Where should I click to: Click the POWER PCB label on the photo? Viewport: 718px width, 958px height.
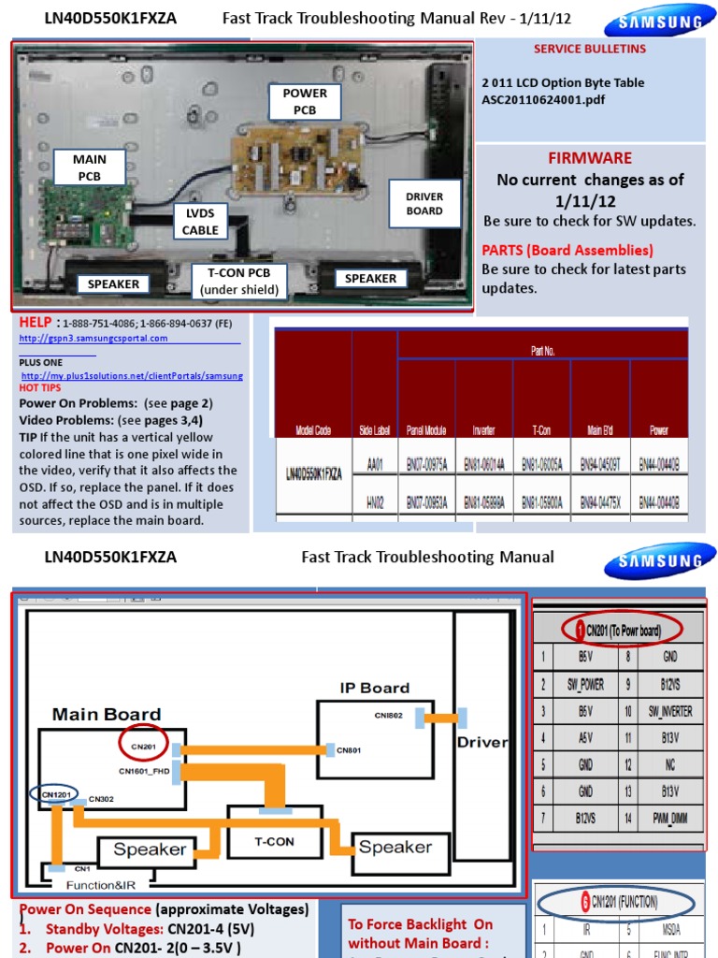[x=305, y=101]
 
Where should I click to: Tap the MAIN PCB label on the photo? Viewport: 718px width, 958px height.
[x=90, y=167]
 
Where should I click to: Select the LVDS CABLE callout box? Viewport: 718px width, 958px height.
[x=200, y=222]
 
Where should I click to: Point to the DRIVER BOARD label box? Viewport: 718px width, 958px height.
[x=424, y=203]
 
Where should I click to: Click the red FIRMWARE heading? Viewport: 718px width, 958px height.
[x=589, y=158]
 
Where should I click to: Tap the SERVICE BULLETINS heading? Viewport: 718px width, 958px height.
[x=589, y=49]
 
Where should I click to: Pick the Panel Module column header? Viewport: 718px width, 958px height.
[x=426, y=430]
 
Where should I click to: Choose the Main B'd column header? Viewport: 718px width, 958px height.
[x=599, y=430]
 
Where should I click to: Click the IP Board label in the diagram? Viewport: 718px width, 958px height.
[x=374, y=688]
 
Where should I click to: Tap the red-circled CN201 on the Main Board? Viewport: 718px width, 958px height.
[x=144, y=745]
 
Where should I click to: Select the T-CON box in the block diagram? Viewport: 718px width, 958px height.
[x=274, y=841]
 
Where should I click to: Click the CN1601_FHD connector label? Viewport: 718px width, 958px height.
[x=143, y=771]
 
